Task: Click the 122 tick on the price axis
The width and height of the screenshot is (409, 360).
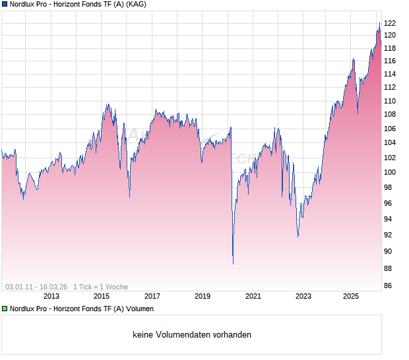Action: tap(390, 23)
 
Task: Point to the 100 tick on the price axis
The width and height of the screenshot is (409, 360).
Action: tap(390, 172)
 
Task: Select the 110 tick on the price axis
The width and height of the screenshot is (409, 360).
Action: tap(390, 101)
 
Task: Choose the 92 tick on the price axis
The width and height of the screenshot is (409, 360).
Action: tap(390, 235)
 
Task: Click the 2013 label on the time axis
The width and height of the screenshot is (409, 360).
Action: tap(51, 297)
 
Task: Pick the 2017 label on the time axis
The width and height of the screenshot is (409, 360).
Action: tap(152, 297)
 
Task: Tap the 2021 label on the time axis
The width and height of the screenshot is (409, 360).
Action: tap(253, 297)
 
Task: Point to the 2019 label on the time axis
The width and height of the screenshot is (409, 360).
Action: tap(203, 297)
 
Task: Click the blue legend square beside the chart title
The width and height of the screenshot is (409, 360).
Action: tap(4, 4)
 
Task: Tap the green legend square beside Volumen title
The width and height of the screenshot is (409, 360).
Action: tap(4, 309)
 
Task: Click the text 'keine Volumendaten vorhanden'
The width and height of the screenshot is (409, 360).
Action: tap(192, 335)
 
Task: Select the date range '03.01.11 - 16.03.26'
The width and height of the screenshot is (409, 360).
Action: tap(36, 287)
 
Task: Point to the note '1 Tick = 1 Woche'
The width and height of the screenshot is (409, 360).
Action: tap(100, 287)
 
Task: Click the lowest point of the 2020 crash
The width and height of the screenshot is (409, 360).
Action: tap(233, 264)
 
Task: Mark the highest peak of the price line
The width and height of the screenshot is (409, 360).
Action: tap(379, 23)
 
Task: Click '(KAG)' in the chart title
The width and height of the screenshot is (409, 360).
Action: tap(136, 4)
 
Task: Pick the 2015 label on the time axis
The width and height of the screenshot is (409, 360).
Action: tap(102, 297)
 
